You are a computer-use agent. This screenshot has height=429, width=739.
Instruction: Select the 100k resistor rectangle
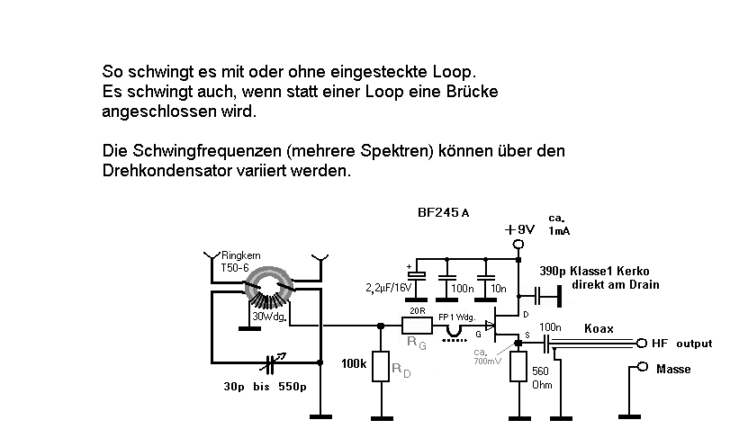[382, 370]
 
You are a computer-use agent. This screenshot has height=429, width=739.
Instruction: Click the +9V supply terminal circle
[518, 244]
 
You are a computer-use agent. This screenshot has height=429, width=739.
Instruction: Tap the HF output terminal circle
[641, 343]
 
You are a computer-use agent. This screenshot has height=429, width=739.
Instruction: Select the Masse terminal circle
[641, 367]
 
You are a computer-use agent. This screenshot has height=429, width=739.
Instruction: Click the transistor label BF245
[439, 214]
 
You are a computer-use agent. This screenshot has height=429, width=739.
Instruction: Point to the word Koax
[599, 329]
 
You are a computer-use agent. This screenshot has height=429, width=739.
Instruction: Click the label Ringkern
[239, 256]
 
